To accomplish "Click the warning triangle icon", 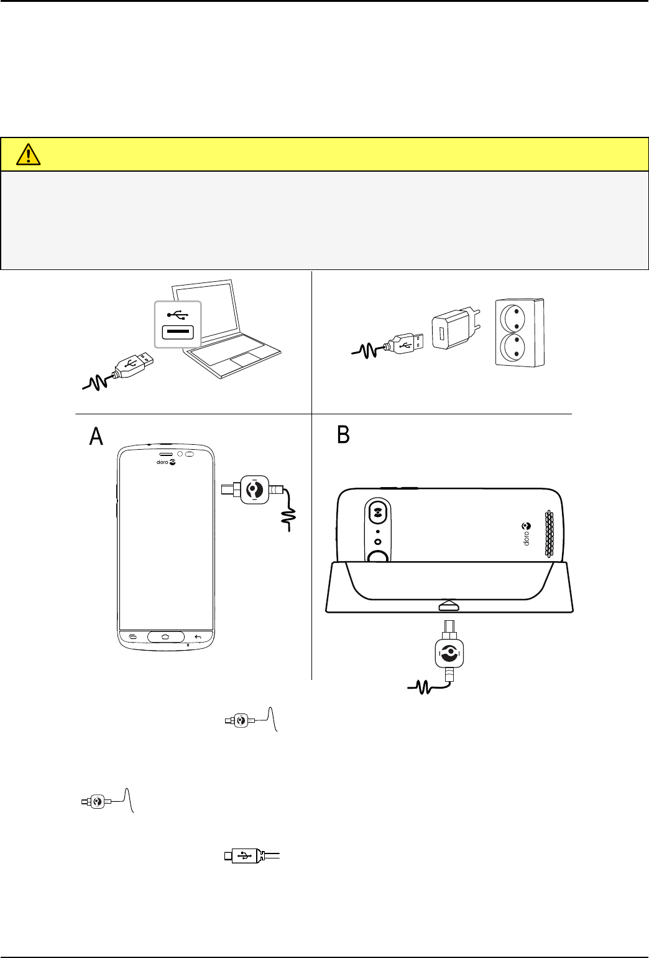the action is coord(28,154).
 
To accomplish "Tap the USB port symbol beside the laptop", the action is coord(178,323).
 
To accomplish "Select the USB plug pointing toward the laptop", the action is coord(132,364).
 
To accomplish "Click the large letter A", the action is coord(96,436).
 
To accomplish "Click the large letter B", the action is coord(343,435).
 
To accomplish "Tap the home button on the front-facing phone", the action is coord(165,636).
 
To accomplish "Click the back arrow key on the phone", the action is coord(198,636).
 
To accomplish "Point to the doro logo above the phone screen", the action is coord(165,462).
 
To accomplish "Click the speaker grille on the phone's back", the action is coord(550,534).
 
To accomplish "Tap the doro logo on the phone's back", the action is coord(527,534).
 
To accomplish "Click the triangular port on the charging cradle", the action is coord(449,605).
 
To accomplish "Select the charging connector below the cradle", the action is coord(449,653).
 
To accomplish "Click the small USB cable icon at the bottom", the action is coord(249,856).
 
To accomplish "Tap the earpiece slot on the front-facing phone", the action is coord(165,454).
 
